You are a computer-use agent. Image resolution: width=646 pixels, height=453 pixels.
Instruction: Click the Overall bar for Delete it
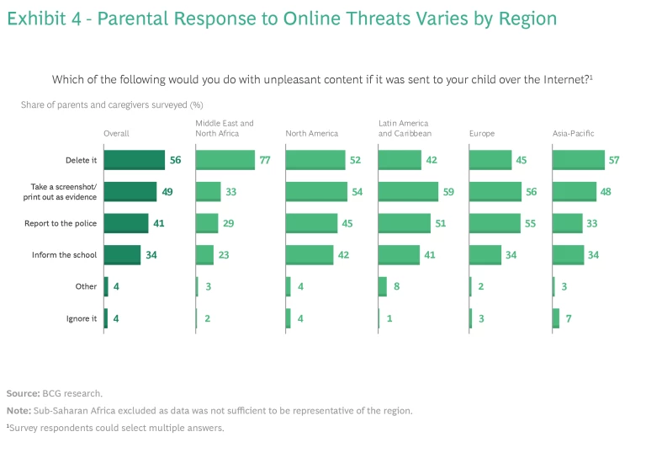[134, 160]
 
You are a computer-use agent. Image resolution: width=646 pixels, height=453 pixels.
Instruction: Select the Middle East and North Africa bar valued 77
[225, 160]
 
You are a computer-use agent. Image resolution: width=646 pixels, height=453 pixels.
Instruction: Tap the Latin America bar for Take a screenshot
[408, 192]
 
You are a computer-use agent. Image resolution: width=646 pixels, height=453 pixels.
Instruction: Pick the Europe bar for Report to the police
[495, 223]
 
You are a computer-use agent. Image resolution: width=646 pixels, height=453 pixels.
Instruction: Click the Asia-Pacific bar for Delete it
[578, 160]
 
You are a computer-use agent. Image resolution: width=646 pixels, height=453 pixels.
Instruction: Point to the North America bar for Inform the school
[310, 255]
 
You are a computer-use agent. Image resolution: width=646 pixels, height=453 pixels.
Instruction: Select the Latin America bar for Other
[383, 286]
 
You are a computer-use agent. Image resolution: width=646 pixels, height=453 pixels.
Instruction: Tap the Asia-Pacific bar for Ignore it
[555, 318]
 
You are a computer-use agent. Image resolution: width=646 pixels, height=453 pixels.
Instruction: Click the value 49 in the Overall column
[167, 192]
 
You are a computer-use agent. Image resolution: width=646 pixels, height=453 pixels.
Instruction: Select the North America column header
[311, 133]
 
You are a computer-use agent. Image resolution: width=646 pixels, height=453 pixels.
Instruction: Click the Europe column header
[481, 133]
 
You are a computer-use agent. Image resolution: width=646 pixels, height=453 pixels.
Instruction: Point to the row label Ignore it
[82, 318]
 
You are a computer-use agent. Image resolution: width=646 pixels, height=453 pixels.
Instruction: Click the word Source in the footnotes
[22, 393]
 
